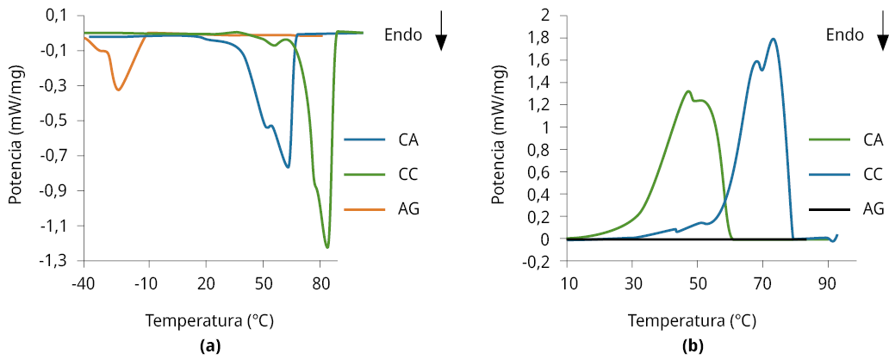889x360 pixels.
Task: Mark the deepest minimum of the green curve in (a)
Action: coord(327,247)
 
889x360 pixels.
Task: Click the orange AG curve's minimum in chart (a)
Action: coord(118,90)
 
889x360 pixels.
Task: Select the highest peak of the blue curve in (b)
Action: coord(774,39)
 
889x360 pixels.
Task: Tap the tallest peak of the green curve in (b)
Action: coord(688,91)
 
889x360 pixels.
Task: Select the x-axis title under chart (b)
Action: coord(692,320)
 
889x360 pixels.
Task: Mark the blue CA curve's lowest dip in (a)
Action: coord(288,167)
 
